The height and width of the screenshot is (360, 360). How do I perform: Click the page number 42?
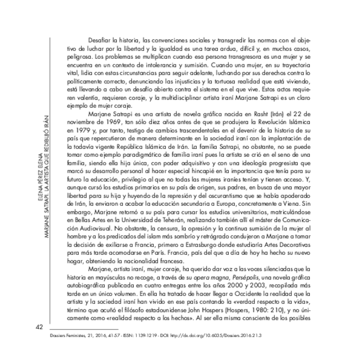point(40,326)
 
